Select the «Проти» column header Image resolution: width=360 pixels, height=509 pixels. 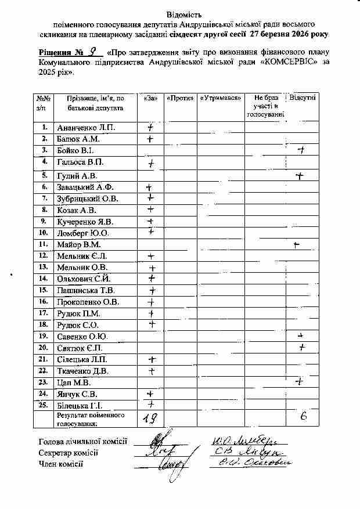(x=180, y=98)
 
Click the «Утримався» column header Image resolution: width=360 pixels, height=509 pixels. (x=221, y=98)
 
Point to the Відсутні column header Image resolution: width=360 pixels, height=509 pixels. (x=303, y=98)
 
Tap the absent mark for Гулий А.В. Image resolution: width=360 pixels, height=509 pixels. (x=300, y=175)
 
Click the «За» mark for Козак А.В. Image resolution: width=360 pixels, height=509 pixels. (x=150, y=210)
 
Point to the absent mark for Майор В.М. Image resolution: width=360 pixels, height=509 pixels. (x=297, y=245)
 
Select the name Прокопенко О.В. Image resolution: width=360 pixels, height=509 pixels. (x=87, y=302)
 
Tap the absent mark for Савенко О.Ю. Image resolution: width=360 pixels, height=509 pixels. (x=301, y=336)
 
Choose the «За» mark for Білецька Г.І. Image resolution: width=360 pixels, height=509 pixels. (x=151, y=405)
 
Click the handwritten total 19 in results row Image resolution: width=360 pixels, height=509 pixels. (x=150, y=418)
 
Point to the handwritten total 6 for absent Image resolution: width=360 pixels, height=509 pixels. (x=303, y=417)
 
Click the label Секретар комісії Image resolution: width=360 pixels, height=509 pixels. (x=69, y=453)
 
